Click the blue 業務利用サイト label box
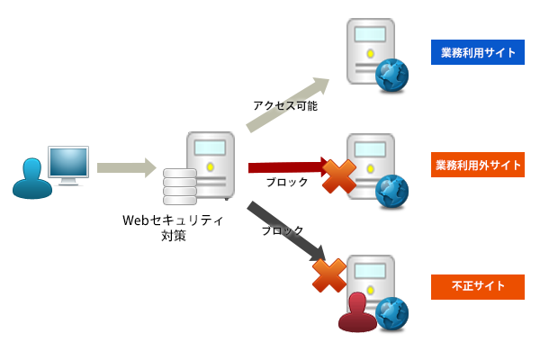point(477,52)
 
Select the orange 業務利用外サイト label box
point(477,166)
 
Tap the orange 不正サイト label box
point(477,287)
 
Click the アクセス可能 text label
point(284,105)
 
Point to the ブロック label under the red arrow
point(287,182)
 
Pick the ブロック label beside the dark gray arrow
point(282,230)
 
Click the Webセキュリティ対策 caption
point(173,228)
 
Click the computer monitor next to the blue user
point(68,165)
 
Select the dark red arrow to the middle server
point(286,166)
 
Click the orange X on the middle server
point(338,176)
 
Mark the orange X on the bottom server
point(329,275)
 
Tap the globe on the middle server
point(391,191)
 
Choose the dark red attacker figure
point(357,312)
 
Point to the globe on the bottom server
point(391,313)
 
